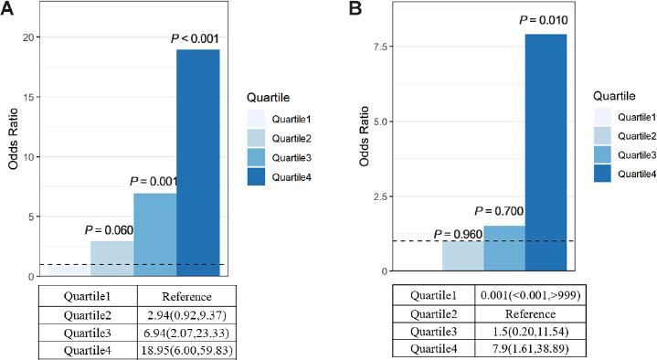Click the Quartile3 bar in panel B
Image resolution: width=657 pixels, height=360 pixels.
pyautogui.click(x=503, y=248)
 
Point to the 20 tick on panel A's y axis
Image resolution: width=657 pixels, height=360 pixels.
pyautogui.click(x=29, y=37)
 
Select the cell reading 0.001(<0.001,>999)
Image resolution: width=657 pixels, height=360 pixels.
pyautogui.click(x=529, y=297)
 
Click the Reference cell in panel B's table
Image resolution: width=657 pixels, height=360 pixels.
pyautogui.click(x=529, y=313)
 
